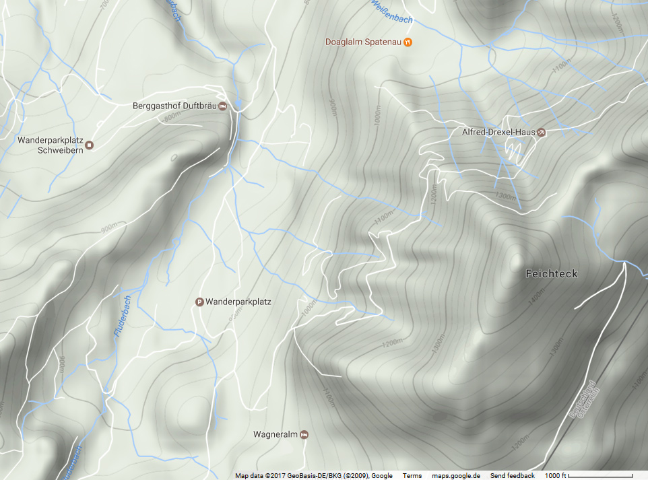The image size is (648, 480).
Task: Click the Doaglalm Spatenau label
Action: click(x=363, y=42)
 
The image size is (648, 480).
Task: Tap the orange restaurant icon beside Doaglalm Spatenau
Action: click(x=408, y=42)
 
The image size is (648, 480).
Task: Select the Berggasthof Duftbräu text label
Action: click(x=174, y=106)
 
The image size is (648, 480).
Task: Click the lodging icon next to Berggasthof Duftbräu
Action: click(x=222, y=106)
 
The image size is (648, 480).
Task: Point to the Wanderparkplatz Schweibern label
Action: click(x=50, y=145)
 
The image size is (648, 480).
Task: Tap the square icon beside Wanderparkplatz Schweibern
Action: click(x=89, y=145)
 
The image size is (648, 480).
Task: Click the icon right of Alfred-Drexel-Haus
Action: click(x=541, y=132)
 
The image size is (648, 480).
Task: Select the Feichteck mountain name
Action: click(x=552, y=274)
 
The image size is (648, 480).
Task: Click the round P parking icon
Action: click(x=199, y=302)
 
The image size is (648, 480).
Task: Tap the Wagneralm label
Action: click(x=276, y=434)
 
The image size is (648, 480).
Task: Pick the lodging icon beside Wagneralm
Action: click(x=304, y=434)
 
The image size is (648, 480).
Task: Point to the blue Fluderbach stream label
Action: click(x=121, y=316)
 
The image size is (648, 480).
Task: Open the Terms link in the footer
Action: click(x=412, y=476)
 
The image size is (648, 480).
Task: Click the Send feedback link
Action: click(x=512, y=476)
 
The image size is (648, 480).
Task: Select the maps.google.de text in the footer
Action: click(x=456, y=476)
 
